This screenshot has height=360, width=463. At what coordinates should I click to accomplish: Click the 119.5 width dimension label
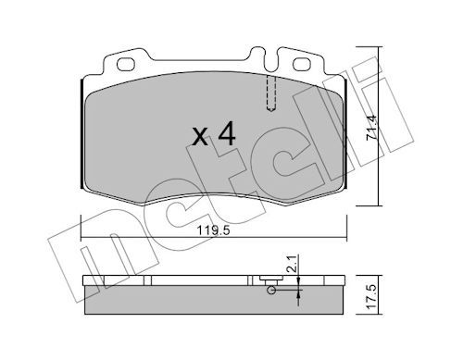214,230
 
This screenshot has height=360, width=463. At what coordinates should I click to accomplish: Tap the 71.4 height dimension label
371,128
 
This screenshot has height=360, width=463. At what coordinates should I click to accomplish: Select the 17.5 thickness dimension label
372,296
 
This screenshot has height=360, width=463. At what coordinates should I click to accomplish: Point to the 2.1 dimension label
293,263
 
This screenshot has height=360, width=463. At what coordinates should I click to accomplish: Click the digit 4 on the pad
227,133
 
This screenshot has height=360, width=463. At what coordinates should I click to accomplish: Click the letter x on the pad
200,138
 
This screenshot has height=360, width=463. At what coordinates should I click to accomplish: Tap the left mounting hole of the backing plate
126,65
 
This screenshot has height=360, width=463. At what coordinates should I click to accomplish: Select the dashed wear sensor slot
270,93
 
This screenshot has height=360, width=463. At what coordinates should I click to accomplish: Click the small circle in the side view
271,290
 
